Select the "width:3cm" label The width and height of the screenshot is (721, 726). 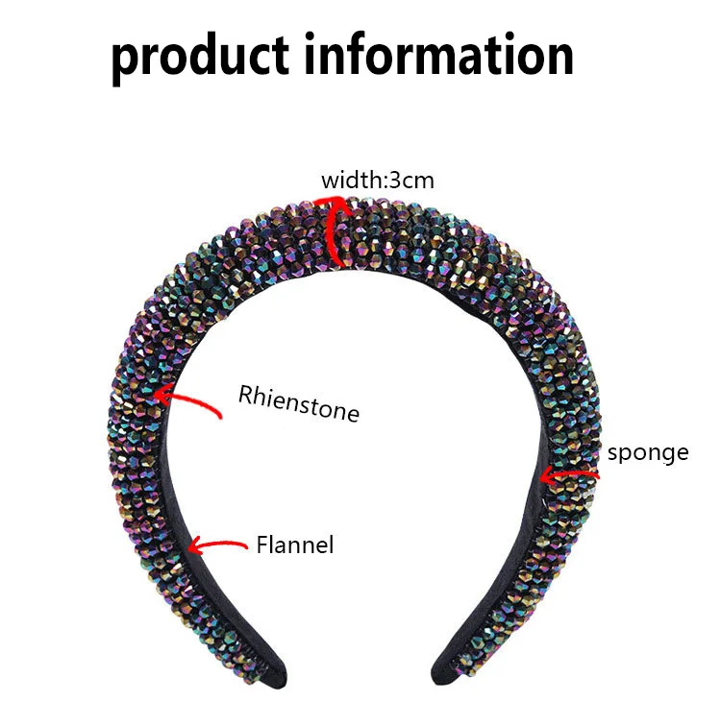[x=370, y=180]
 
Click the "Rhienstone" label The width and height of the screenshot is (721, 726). [x=298, y=403]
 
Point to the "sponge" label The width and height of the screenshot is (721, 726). [x=646, y=451]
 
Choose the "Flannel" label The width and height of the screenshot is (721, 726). [x=294, y=544]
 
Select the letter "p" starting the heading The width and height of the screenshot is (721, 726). [x=124, y=58]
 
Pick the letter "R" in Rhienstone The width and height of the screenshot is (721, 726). [x=246, y=395]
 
